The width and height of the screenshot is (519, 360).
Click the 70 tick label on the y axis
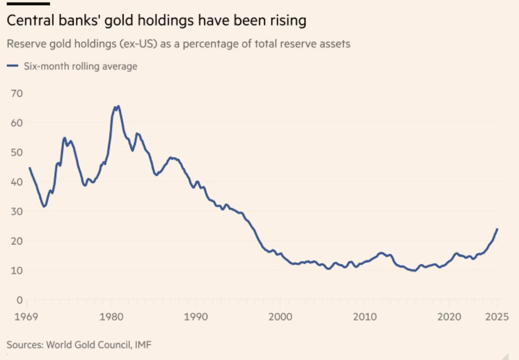pyautogui.click(x=18, y=93)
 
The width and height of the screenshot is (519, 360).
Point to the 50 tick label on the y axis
pyautogui.click(x=18, y=152)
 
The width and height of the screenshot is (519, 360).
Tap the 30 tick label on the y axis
pyautogui.click(x=18, y=211)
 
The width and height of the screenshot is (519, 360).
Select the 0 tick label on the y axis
pyautogui.click(x=20, y=300)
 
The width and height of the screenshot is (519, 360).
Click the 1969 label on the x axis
pyautogui.click(x=26, y=316)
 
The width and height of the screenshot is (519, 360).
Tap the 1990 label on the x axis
pyautogui.click(x=196, y=316)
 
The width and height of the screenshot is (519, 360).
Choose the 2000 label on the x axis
pyautogui.click(x=280, y=316)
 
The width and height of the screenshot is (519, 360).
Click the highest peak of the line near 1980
pyautogui.click(x=117, y=106)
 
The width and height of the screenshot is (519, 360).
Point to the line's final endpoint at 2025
pyautogui.click(x=497, y=229)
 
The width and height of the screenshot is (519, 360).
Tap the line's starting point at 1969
pyautogui.click(x=30, y=168)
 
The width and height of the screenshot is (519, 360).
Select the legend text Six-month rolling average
pyautogui.click(x=81, y=66)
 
